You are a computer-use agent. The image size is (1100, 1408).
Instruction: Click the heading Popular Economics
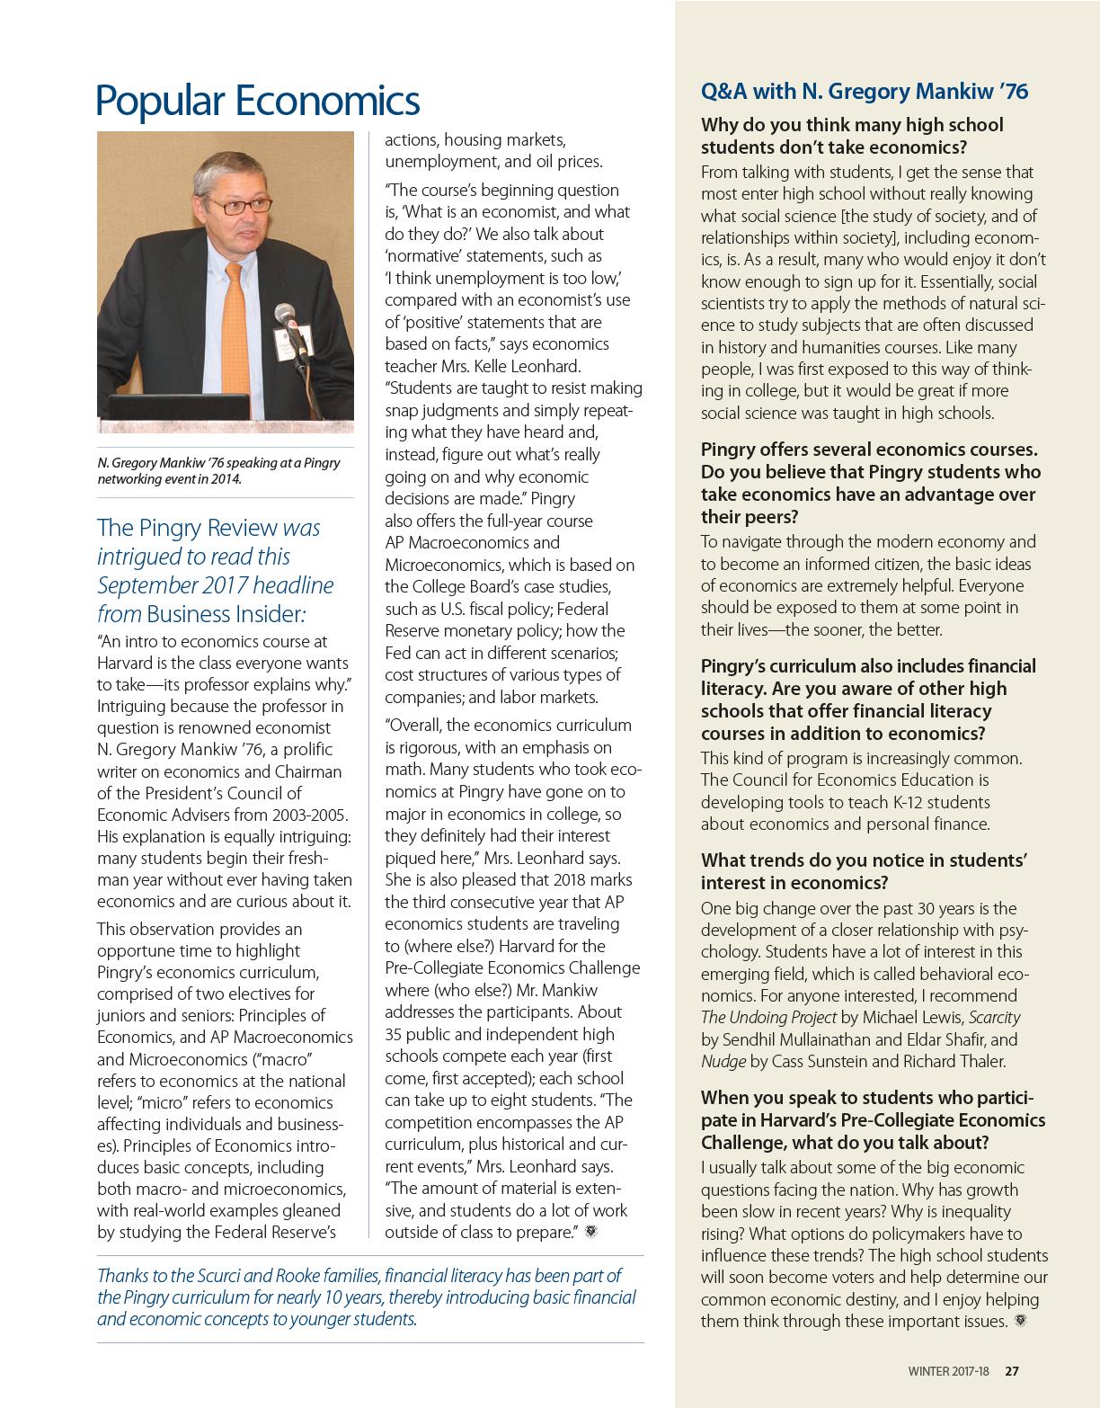[x=257, y=100]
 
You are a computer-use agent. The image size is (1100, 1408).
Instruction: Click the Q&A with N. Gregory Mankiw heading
[x=864, y=91]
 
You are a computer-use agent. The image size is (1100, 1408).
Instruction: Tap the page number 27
[x=1012, y=1371]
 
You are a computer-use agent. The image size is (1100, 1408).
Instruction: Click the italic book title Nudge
[x=723, y=1061]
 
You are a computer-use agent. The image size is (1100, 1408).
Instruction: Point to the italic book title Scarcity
[x=994, y=1018]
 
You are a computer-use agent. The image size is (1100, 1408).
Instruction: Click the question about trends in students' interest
[x=864, y=871]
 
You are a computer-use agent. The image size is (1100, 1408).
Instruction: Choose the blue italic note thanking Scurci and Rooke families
[x=366, y=1297]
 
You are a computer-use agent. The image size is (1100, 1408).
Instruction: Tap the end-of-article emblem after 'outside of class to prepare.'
[x=590, y=1232]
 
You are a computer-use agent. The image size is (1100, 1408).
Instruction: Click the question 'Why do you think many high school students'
[x=852, y=136]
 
